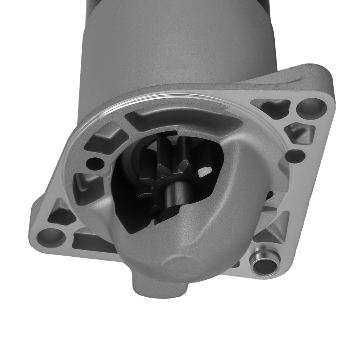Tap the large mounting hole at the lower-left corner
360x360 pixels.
[51, 237]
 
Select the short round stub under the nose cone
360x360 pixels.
[158, 284]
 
